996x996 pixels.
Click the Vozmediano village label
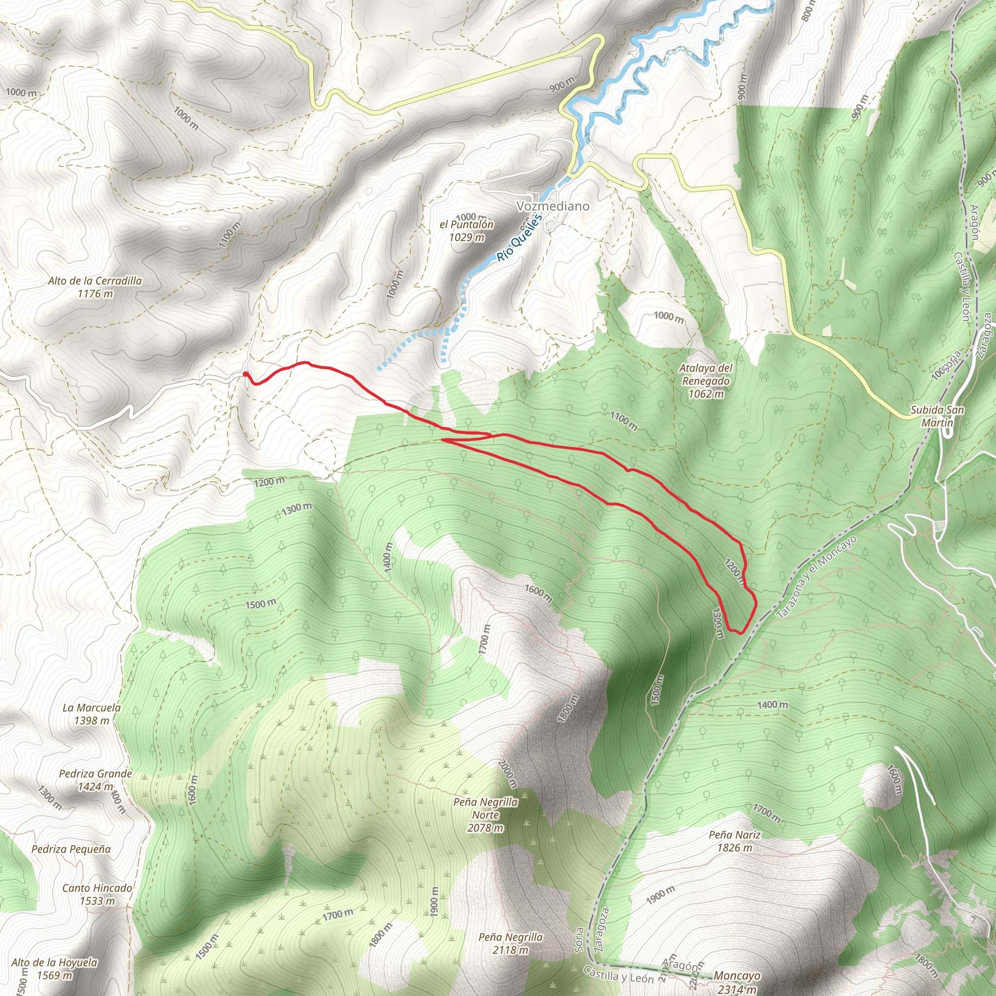(x=552, y=206)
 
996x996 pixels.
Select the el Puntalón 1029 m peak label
(x=466, y=231)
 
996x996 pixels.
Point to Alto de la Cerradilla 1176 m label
(x=95, y=287)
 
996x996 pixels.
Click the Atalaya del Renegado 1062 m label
(x=706, y=381)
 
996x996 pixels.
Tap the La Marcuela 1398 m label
(x=92, y=714)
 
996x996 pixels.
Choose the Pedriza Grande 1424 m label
(x=95, y=780)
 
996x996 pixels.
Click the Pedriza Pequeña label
(x=71, y=849)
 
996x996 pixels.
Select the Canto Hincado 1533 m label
(x=97, y=894)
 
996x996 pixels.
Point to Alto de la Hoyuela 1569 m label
(x=54, y=969)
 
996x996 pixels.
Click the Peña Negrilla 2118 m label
(x=510, y=943)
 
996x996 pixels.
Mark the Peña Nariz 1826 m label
(x=735, y=841)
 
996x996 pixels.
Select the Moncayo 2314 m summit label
(x=737, y=982)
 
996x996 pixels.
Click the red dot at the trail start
(x=246, y=374)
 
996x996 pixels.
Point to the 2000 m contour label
(x=507, y=774)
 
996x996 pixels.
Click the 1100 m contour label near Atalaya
(x=623, y=421)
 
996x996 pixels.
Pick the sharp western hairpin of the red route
(x=444, y=440)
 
